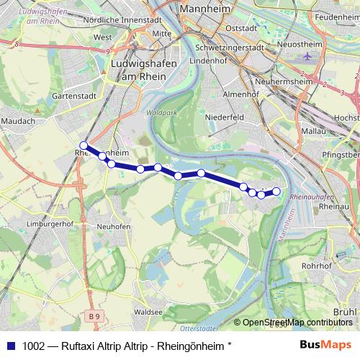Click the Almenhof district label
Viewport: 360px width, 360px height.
click(x=238, y=94)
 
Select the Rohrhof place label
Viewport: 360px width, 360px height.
click(x=316, y=265)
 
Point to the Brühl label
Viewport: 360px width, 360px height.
click(x=346, y=312)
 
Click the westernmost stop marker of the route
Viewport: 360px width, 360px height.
click(x=84, y=145)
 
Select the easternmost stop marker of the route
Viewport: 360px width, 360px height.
click(x=276, y=191)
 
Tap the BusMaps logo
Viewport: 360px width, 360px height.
click(x=327, y=344)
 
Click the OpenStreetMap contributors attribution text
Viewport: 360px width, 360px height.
click(x=297, y=322)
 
